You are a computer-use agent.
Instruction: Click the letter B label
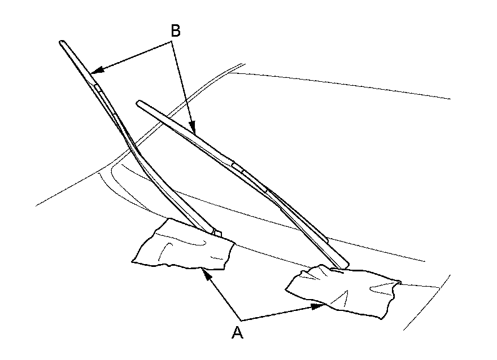[176, 32]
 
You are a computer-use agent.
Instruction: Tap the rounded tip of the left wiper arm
[62, 42]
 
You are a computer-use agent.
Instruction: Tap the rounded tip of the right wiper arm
[139, 103]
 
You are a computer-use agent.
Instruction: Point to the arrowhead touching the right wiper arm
[193, 129]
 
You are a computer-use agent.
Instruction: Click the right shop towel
[342, 291]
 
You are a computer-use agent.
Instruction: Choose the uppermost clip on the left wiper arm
[98, 87]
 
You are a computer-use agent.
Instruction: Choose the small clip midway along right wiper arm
[237, 167]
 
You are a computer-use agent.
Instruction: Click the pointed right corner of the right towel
[399, 280]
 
